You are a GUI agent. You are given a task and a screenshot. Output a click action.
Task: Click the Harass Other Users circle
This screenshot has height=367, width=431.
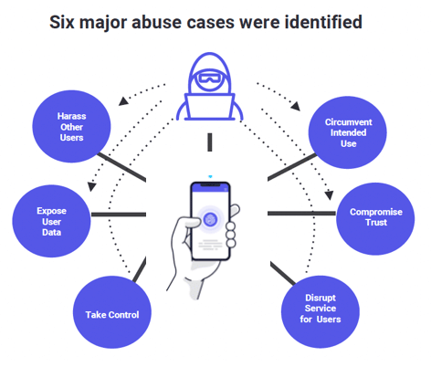click(71, 126)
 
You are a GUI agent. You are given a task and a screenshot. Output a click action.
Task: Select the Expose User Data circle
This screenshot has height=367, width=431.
click(51, 221)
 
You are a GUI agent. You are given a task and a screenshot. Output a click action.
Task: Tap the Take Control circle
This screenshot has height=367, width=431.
click(112, 312)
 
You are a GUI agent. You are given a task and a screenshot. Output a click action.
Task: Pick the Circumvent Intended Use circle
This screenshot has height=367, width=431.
click(348, 132)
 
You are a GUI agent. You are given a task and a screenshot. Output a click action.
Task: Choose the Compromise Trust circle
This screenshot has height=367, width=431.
click(375, 219)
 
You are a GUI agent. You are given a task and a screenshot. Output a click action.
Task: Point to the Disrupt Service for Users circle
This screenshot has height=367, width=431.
click(321, 312)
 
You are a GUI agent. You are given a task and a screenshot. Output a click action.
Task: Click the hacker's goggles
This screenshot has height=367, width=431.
click(209, 79)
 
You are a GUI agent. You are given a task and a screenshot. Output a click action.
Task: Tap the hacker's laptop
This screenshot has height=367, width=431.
click(210, 107)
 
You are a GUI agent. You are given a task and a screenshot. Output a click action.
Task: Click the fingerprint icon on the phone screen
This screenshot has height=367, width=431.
click(210, 219)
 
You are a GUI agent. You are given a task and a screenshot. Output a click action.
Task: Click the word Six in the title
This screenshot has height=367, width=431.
click(62, 22)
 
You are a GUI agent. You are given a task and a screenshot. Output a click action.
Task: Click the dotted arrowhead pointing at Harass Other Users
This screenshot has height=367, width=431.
click(123, 101)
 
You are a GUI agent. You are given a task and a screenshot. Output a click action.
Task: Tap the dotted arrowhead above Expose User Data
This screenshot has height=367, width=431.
click(91, 186)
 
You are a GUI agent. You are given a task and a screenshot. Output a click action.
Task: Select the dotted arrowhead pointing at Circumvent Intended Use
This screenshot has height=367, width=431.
click(296, 106)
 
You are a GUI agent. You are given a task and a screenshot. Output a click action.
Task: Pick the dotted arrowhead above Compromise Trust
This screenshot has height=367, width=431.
click(329, 195)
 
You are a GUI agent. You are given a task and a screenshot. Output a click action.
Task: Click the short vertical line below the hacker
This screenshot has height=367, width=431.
click(210, 142)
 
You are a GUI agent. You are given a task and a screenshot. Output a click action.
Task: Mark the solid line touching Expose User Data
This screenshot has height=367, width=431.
click(119, 215)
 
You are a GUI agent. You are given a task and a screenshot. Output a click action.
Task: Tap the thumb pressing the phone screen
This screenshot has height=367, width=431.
click(190, 223)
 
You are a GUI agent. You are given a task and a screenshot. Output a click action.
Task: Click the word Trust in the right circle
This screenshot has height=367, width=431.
click(376, 223)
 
